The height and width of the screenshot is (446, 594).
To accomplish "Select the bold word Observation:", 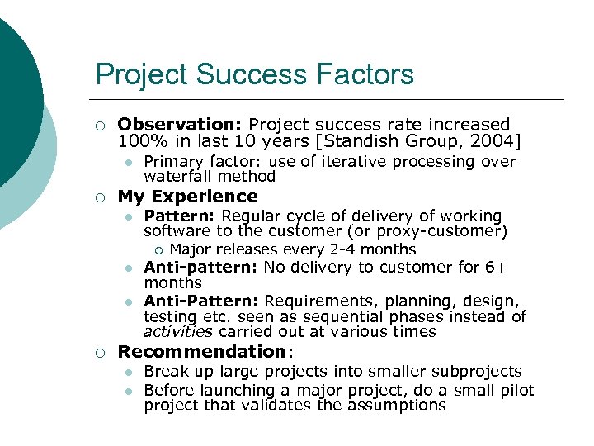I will click(181, 125).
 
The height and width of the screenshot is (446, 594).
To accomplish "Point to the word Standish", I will click(370, 140).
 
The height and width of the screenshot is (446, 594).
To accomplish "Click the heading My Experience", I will click(188, 197).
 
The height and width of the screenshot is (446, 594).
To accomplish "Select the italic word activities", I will click(178, 332).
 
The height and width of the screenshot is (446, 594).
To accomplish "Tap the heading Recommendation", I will click(201, 352).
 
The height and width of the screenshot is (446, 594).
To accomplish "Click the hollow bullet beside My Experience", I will click(99, 197).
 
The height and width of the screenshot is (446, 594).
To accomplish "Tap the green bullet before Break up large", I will click(130, 372).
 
